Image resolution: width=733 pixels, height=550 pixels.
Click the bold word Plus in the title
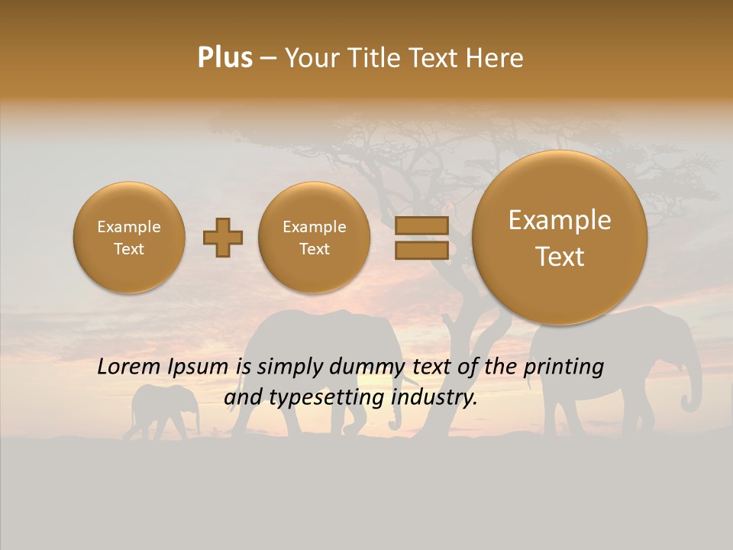[224, 58]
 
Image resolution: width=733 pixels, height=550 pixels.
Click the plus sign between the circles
[223, 238]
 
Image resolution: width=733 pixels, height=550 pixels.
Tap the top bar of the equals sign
[421, 225]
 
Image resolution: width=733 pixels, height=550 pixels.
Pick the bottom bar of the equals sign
[421, 251]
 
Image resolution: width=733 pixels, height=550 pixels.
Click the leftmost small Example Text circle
[129, 238]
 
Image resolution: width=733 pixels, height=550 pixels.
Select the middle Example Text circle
[315, 238]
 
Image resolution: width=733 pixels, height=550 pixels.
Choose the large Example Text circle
[560, 238]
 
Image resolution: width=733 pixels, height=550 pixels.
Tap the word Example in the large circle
[560, 220]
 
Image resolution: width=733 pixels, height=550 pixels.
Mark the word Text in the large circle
[560, 257]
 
